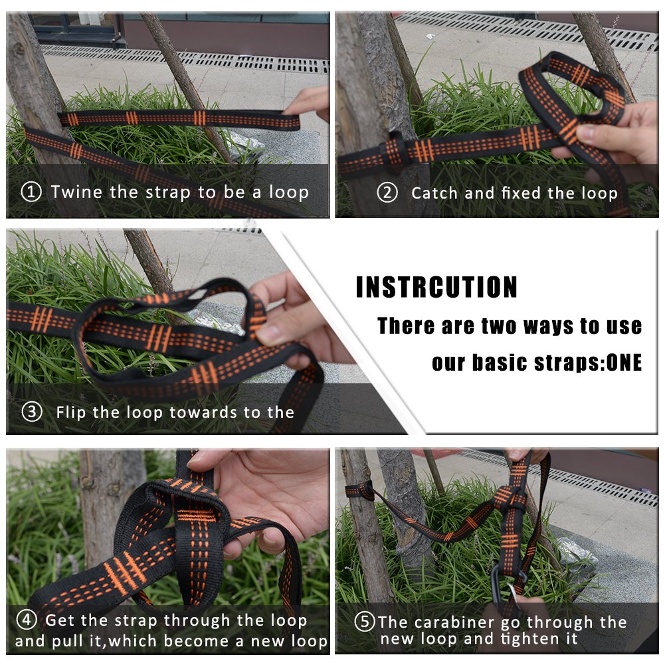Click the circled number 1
point(31,192)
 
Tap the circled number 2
point(387,193)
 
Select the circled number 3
point(32,412)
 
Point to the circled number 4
point(27,620)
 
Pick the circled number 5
point(365,622)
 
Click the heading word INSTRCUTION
point(436,287)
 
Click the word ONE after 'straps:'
point(624,363)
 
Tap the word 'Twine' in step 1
point(76,192)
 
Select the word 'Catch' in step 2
point(434,193)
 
